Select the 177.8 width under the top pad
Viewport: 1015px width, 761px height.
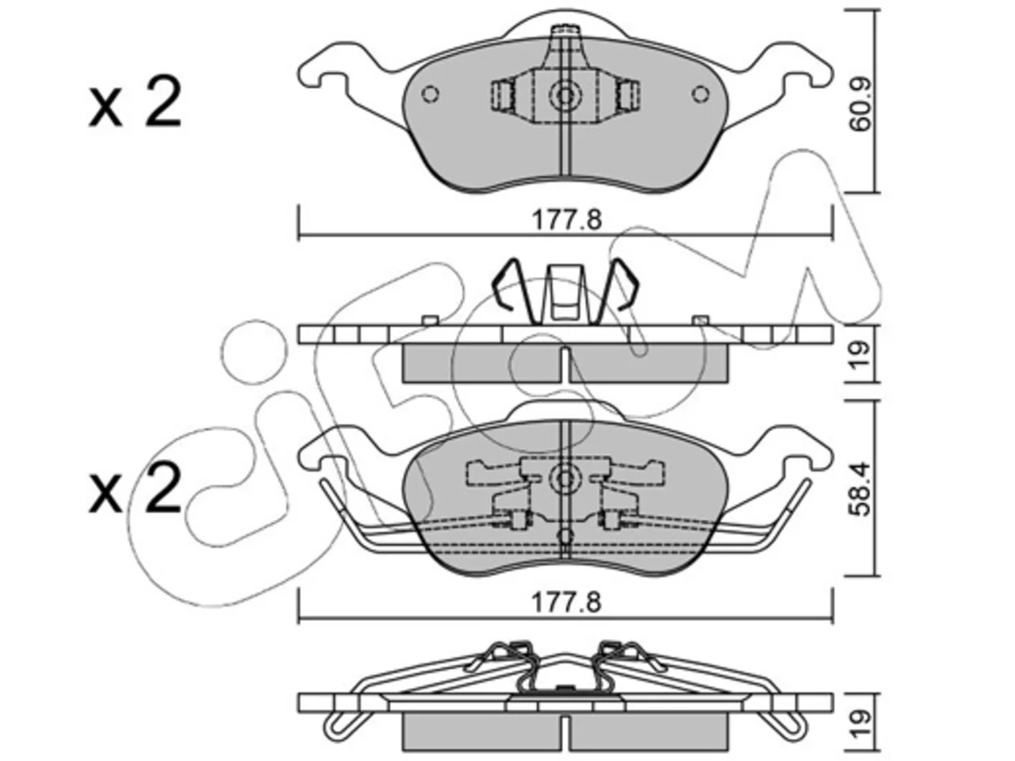pos(566,220)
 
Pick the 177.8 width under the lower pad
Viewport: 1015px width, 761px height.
pos(566,603)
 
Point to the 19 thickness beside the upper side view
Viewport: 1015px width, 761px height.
pos(860,355)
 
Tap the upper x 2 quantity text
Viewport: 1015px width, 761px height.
pos(134,105)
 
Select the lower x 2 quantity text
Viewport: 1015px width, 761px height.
pos(134,488)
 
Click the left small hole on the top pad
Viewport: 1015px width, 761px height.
pos(430,94)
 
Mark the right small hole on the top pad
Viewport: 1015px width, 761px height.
pos(700,94)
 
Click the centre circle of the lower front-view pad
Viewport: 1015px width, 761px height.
pos(565,479)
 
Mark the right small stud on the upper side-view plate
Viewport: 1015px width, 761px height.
pos(700,320)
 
